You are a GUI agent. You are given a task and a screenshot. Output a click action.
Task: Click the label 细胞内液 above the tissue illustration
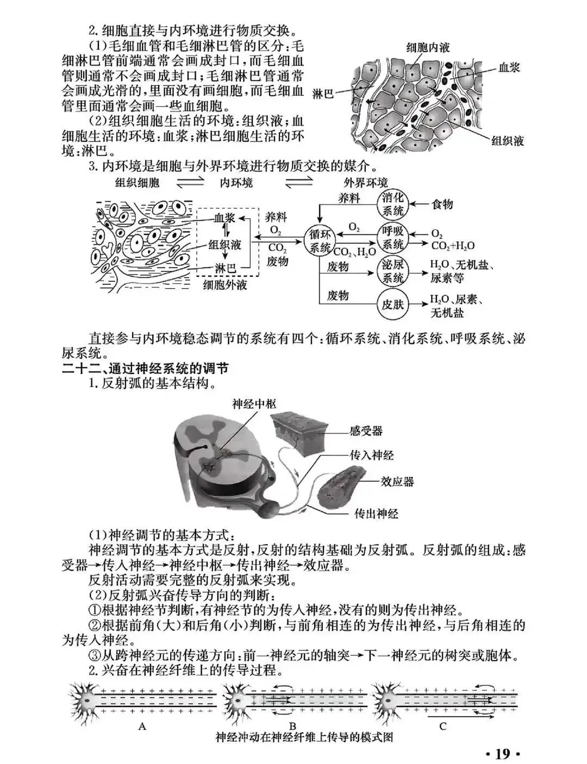tap(428, 48)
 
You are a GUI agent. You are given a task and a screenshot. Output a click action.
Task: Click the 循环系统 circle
tap(320, 241)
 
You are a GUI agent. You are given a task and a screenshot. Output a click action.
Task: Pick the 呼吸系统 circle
tap(392, 238)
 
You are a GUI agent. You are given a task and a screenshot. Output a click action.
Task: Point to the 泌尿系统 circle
tap(392, 271)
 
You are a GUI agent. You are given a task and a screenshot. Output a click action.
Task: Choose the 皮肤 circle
tap(392, 304)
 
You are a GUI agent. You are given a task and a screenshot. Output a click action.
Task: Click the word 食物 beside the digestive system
tap(442, 204)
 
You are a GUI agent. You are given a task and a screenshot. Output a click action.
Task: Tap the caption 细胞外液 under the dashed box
tap(224, 284)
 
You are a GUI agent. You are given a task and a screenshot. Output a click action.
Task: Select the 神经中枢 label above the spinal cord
tap(254, 403)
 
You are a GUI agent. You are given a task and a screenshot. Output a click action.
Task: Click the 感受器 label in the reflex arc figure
tap(366, 431)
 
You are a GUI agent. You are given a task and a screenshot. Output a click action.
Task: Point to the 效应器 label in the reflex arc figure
tap(397, 482)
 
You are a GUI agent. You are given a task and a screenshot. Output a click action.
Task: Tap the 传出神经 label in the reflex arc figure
tap(376, 513)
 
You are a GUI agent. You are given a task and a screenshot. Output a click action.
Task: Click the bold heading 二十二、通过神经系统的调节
tap(145, 368)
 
